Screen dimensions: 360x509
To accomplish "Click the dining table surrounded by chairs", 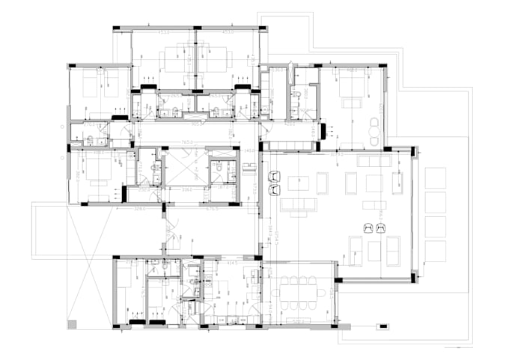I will [297, 292].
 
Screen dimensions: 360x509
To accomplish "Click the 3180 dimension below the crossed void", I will [186, 190].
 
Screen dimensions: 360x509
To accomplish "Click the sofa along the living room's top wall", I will [374, 161].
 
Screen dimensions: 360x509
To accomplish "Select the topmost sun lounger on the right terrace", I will [435, 178].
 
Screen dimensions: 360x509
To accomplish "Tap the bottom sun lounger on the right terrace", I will [435, 251].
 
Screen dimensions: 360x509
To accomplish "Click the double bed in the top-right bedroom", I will [351, 88].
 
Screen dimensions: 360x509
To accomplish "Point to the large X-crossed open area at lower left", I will [88, 266].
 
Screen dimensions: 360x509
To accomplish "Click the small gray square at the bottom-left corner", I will [72, 324].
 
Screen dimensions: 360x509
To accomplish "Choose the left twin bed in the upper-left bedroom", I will [89, 84].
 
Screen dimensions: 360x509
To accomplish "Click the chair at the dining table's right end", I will [327, 292].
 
